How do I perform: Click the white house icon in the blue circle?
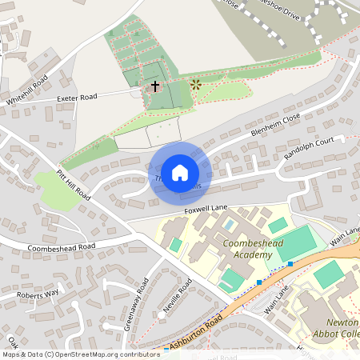pyautogui.click(x=180, y=172)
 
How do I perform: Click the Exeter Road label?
pyautogui.click(x=77, y=98)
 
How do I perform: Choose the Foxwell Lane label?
pyautogui.click(x=206, y=208)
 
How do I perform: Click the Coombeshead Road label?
pyautogui.click(x=61, y=247)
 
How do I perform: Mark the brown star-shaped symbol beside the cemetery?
pyautogui.click(x=196, y=83)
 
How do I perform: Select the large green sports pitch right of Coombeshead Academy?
pyautogui.click(x=296, y=242)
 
